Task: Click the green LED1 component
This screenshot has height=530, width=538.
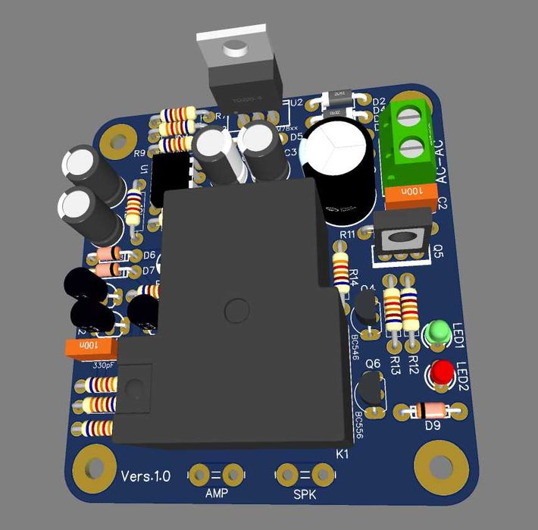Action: click(437, 332)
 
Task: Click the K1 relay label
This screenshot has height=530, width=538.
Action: click(343, 454)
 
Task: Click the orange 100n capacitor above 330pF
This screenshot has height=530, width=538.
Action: click(90, 347)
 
